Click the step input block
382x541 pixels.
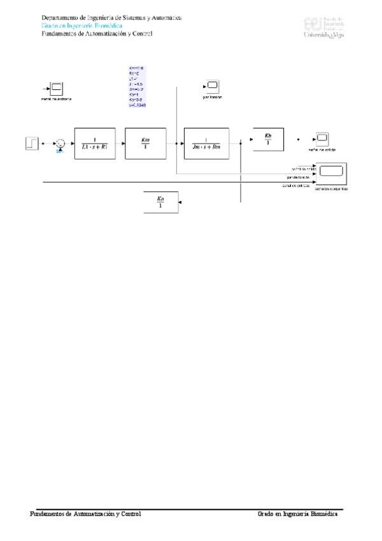click(32, 144)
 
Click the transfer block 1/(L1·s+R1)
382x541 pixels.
click(94, 144)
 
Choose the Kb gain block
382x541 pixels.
click(267, 139)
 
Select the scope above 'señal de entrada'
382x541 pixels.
click(56, 88)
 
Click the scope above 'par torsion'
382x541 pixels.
click(211, 85)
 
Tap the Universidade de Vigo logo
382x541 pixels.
click(325, 27)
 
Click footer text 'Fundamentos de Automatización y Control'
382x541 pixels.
click(86, 514)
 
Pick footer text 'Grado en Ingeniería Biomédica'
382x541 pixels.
click(297, 514)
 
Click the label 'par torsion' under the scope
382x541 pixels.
click(211, 96)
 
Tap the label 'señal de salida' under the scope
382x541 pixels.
click(322, 149)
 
